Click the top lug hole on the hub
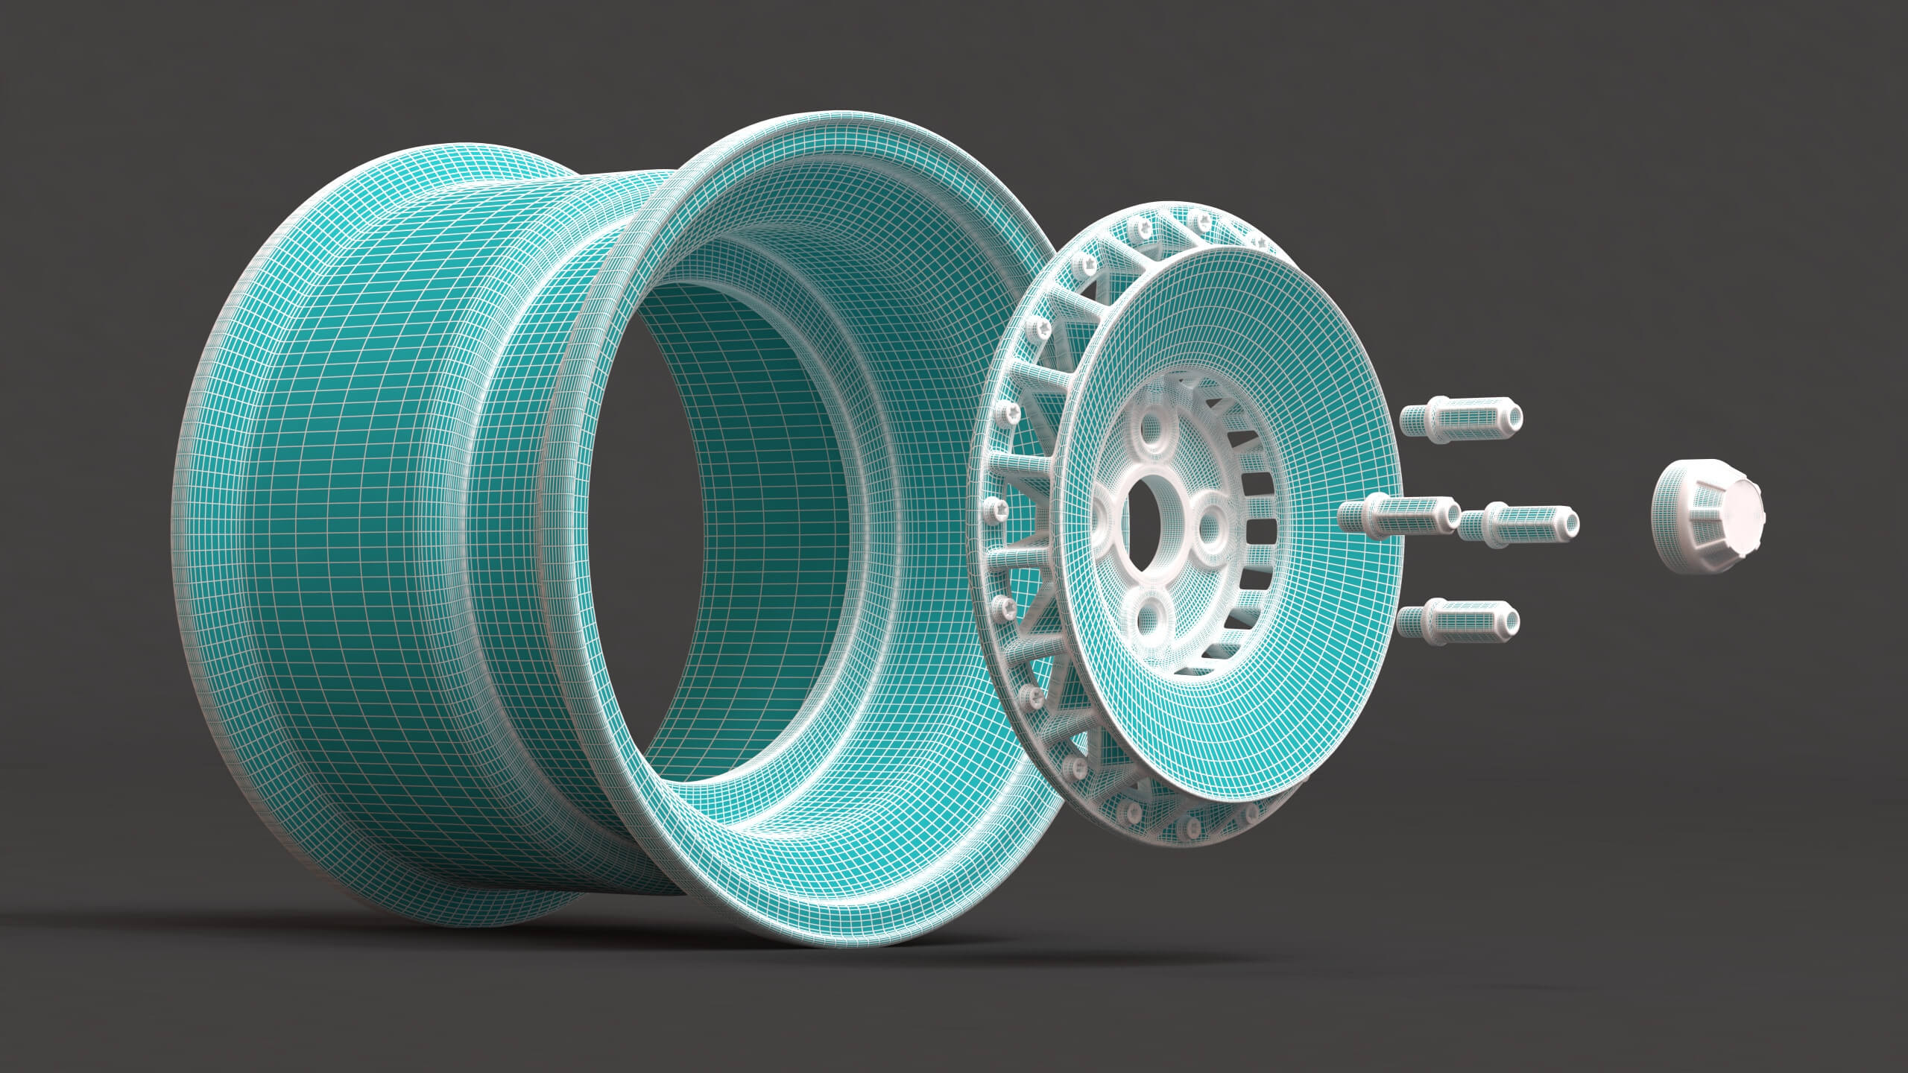pos(1152,433)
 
